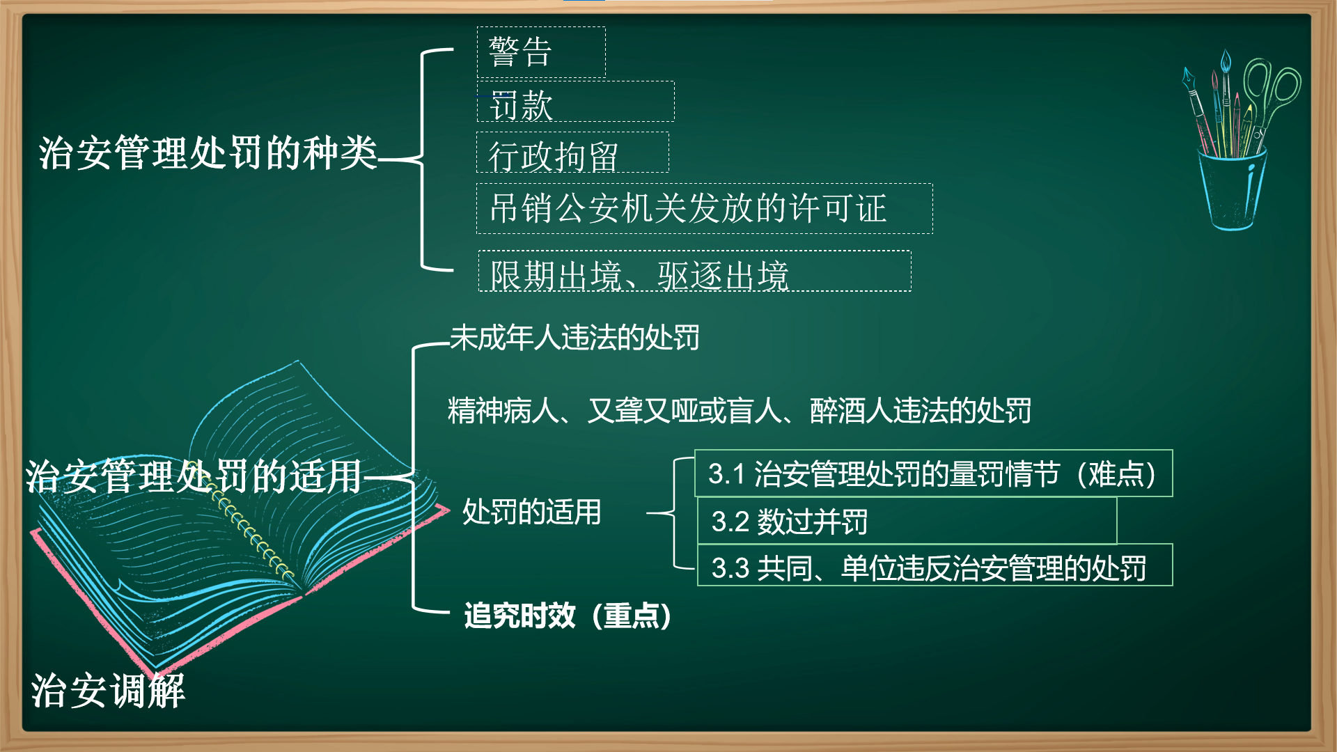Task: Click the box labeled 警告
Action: (x=541, y=52)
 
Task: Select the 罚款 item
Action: (x=575, y=102)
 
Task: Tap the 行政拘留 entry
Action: (x=572, y=153)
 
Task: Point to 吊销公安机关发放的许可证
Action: (x=705, y=209)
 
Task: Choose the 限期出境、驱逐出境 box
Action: (x=694, y=272)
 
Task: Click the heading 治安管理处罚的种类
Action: (x=208, y=153)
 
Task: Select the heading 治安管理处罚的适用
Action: (x=194, y=477)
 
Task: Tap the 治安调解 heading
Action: (x=108, y=691)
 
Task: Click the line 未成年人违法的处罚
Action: (x=574, y=338)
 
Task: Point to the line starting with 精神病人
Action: (x=740, y=411)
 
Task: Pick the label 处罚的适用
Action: (x=532, y=512)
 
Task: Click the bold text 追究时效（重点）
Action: (x=568, y=616)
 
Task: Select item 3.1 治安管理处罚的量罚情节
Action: (x=934, y=473)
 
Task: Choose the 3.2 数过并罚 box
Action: (x=907, y=521)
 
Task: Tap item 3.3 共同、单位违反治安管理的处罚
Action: (x=935, y=565)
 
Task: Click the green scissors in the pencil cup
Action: (x=1268, y=97)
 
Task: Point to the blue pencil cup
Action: (x=1231, y=189)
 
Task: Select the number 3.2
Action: (x=730, y=522)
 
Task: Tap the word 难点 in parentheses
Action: (x=1116, y=474)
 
